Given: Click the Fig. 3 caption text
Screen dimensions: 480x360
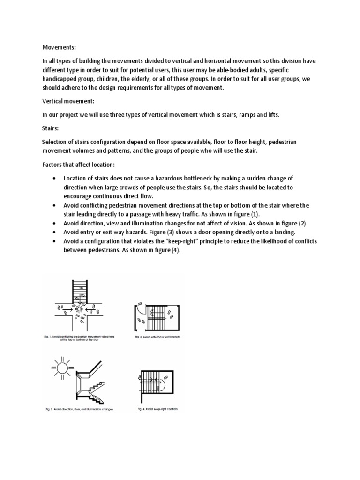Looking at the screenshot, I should coord(157,337).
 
